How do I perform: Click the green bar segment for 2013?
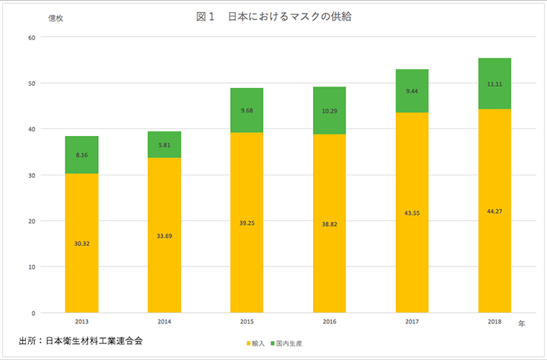pos(81,155)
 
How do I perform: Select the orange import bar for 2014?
pos(164,235)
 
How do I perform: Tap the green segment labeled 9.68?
pos(247,110)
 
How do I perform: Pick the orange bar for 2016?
pos(329,224)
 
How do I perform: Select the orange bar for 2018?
pos(495,211)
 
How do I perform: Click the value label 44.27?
pos(495,210)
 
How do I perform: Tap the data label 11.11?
pos(495,84)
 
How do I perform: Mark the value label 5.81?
pos(164,145)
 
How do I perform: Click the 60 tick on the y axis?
pos(31,37)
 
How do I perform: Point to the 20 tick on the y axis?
pos(31,221)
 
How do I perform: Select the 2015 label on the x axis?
pos(247,322)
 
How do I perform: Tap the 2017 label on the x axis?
pos(412,322)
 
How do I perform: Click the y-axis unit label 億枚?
pos(55,18)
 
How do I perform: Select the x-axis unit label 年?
pos(521,324)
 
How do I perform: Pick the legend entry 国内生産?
pos(289,344)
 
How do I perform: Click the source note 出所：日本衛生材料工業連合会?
pos(81,340)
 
